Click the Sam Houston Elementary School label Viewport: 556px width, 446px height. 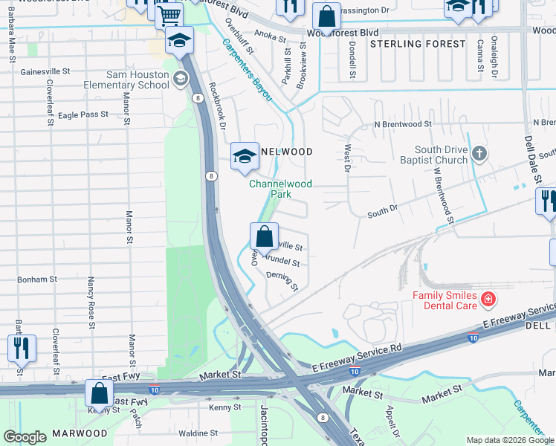138,80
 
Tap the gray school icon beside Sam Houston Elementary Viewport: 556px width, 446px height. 179,79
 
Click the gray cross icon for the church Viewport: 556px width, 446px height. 480,155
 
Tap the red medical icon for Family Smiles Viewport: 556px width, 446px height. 488,300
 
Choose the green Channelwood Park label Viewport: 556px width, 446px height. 280,189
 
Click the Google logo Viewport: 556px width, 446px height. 25,436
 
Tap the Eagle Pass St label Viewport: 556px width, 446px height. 83,115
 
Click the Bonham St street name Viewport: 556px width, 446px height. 37,279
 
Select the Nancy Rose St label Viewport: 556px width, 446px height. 91,302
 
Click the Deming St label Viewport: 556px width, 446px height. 282,281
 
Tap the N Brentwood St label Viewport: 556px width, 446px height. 403,124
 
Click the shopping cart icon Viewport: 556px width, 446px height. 169,14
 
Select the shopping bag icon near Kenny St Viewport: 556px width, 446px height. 99,394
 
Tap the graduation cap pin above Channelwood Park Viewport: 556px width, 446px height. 245,156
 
